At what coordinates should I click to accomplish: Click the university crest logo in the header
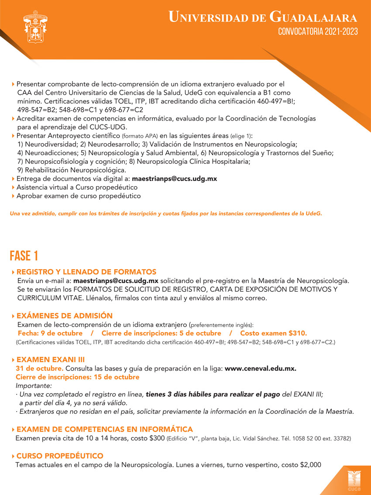point(35,26)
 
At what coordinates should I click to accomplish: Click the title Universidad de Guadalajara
point(263,17)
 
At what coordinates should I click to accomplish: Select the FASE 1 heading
point(24,256)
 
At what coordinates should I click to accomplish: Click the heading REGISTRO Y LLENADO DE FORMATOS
point(86,272)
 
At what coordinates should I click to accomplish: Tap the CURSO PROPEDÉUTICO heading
point(60,456)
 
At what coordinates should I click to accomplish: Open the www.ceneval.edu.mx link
point(261,368)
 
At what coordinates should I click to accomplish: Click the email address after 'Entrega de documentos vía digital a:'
point(174,179)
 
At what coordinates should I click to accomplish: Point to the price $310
point(297,333)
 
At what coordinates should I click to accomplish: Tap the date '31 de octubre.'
point(40,368)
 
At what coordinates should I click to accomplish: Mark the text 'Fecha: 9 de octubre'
point(50,333)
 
